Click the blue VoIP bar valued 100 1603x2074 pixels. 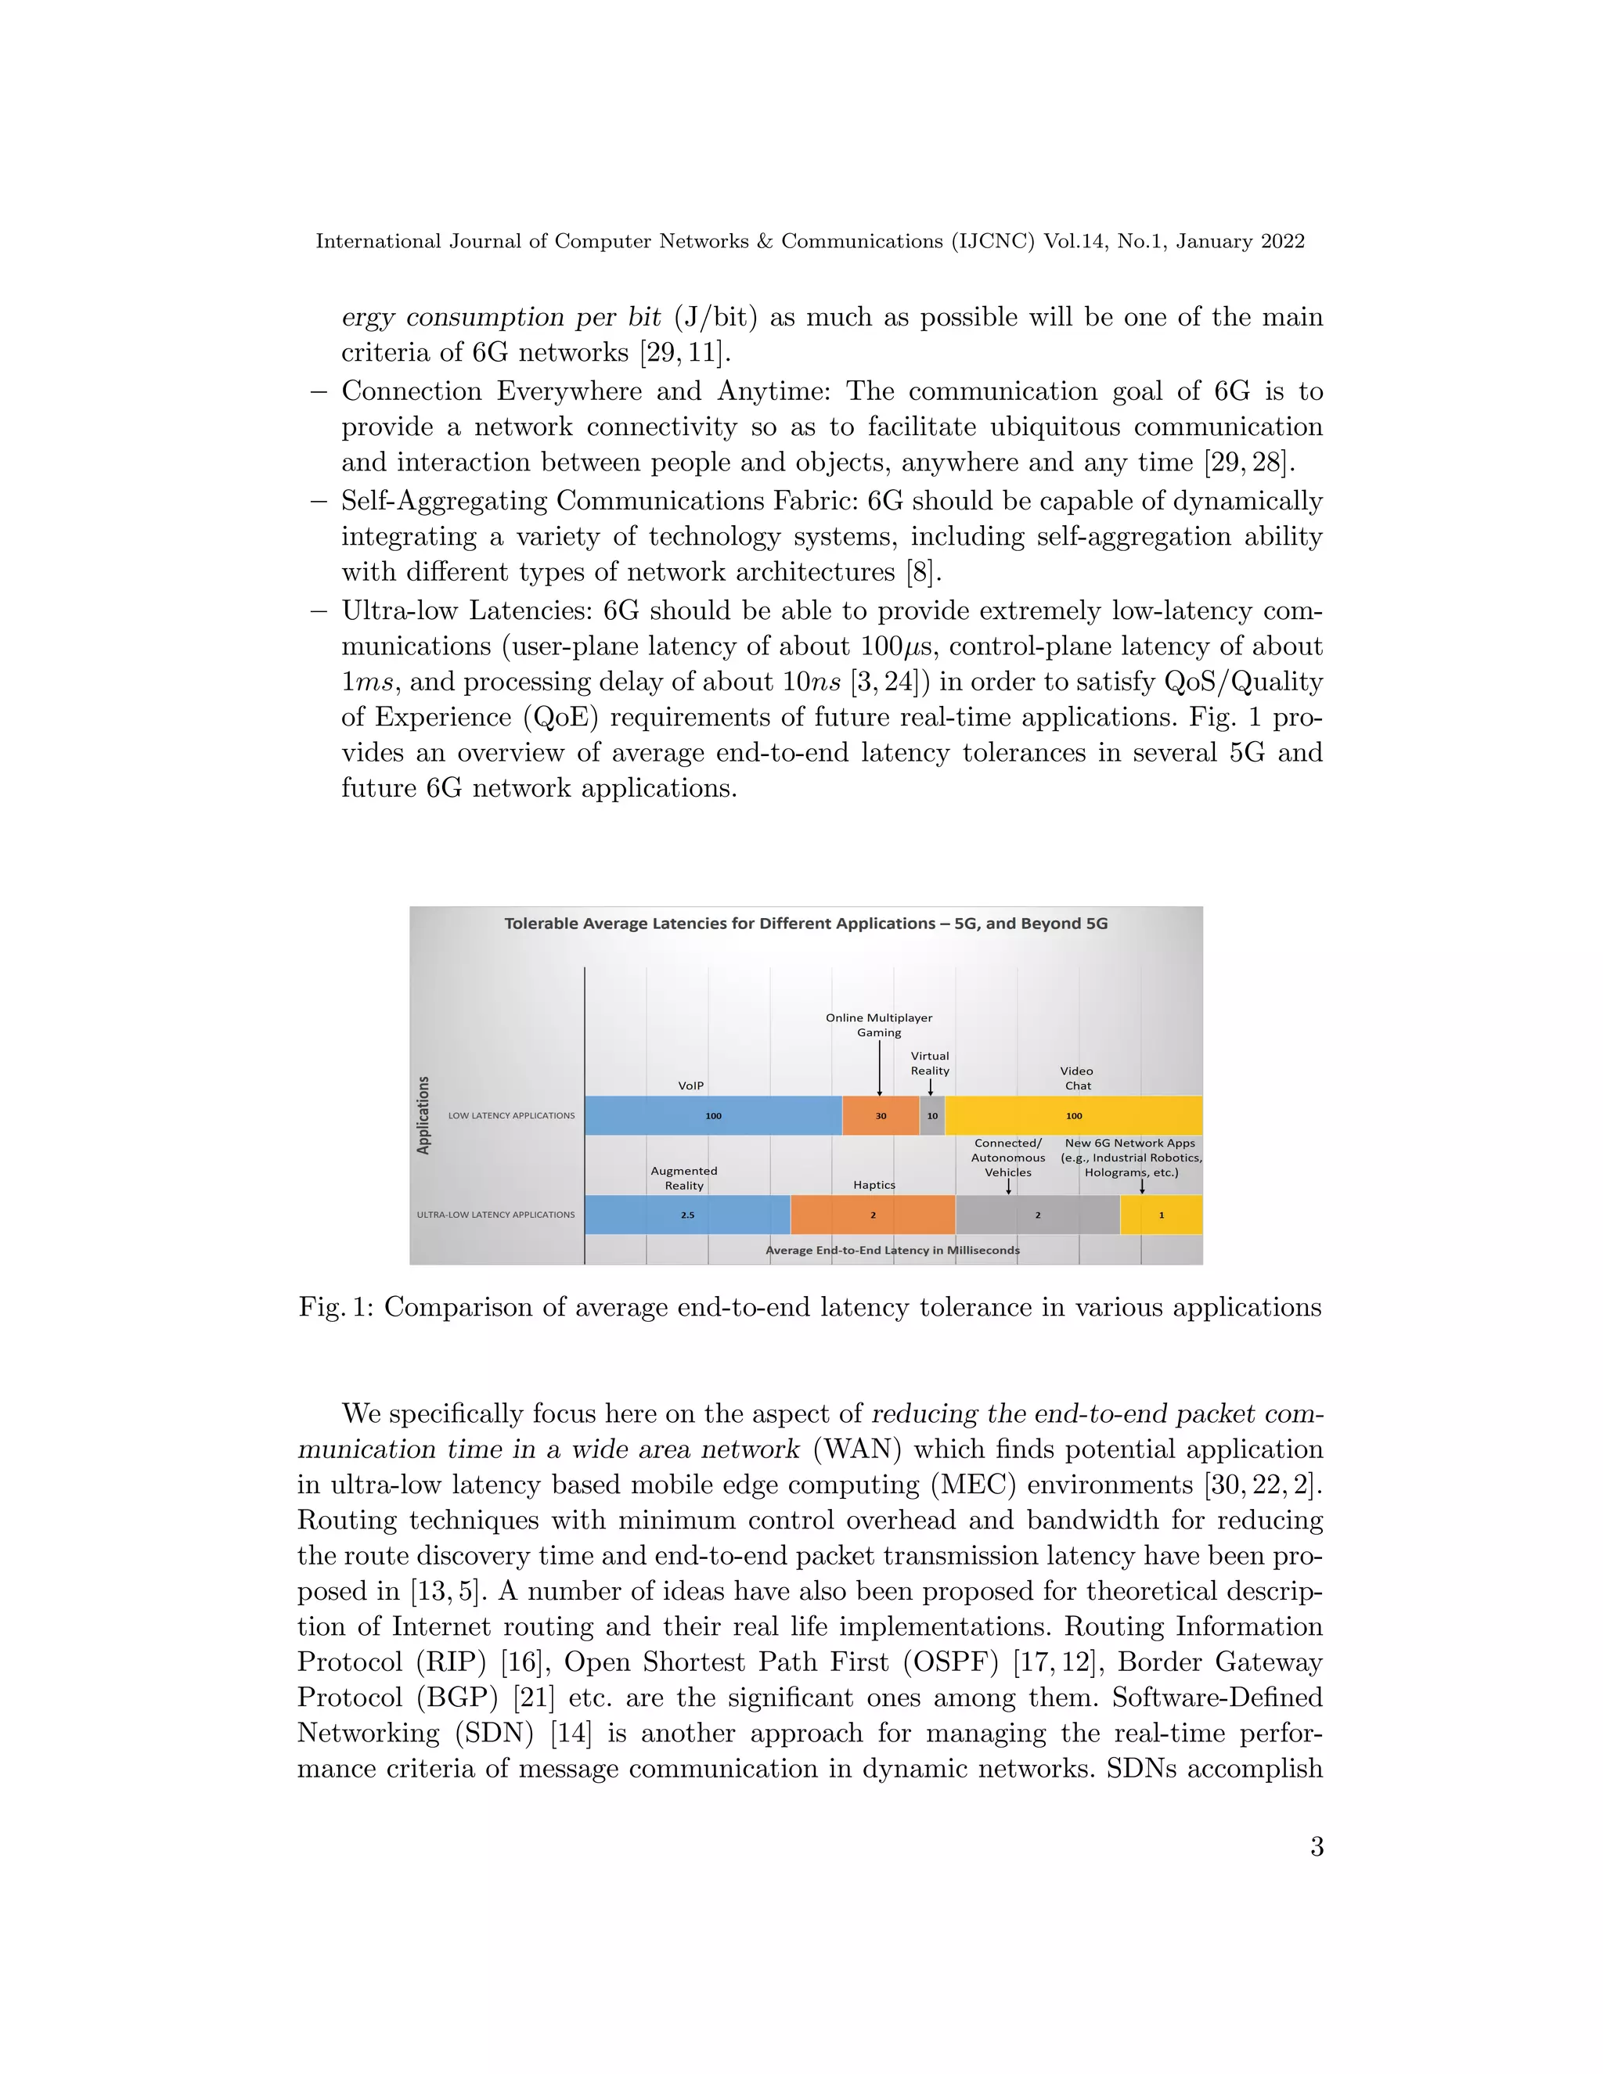point(712,1116)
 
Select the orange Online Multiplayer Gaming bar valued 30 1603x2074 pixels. point(881,1116)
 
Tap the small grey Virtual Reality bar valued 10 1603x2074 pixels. point(931,1116)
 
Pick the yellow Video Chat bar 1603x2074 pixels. point(1073,1116)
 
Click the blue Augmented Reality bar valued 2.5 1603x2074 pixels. point(686,1215)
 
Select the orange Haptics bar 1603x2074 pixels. point(873,1215)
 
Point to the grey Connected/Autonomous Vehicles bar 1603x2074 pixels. point(1037,1215)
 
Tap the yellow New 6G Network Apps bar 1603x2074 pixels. point(1161,1215)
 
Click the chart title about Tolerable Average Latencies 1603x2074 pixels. point(805,923)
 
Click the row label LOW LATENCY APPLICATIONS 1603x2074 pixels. point(511,1116)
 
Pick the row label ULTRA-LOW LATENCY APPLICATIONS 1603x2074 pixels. point(495,1215)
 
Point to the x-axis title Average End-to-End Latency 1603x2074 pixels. point(892,1250)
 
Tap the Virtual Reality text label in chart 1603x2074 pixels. point(930,1063)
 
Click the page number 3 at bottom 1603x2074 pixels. point(1317,1846)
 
